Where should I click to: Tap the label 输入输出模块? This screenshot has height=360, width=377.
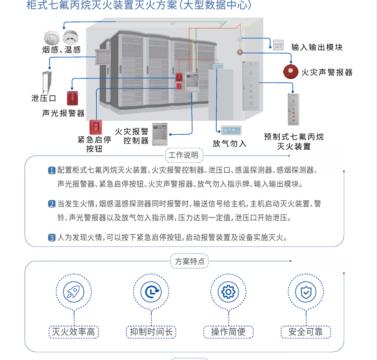[x=317, y=47]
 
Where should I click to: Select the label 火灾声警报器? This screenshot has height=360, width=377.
[x=327, y=72]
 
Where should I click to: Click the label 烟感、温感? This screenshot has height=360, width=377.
[x=61, y=49]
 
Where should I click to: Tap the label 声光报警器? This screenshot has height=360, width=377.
[x=63, y=113]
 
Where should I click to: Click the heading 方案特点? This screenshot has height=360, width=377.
[x=190, y=261]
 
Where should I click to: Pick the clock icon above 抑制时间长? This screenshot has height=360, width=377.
[x=151, y=292]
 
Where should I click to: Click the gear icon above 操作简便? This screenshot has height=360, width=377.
[x=228, y=292]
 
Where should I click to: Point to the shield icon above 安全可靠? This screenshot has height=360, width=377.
[x=306, y=292]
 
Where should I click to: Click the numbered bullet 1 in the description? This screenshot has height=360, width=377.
[x=52, y=170]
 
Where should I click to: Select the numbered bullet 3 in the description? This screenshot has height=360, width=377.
[x=52, y=237]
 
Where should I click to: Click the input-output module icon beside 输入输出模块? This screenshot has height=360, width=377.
[x=278, y=45]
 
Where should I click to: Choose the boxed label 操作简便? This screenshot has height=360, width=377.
[x=228, y=332]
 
